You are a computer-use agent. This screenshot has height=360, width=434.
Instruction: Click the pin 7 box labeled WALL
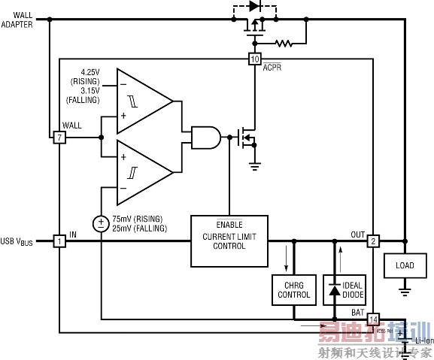tap(59, 138)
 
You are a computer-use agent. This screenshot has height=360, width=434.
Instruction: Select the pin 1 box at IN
tap(59, 241)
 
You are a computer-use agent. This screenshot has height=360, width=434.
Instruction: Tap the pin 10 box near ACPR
tap(254, 59)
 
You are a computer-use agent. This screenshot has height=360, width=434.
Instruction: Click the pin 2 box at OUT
tap(374, 241)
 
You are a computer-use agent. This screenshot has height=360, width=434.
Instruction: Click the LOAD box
tap(404, 265)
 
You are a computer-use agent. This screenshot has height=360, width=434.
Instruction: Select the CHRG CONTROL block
tap(293, 290)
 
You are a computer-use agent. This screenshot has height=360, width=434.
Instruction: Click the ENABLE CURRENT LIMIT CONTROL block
tap(229, 241)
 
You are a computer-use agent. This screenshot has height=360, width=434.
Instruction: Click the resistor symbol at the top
tap(284, 44)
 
